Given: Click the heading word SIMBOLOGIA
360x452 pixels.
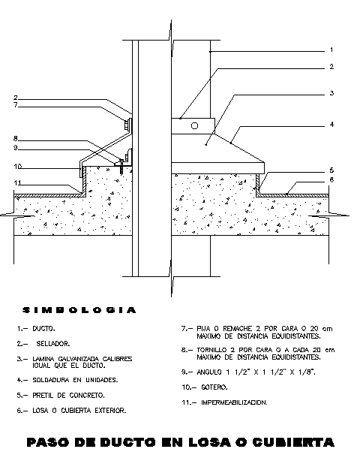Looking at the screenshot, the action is pos(79,310).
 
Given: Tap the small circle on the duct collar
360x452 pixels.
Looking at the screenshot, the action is pos(195,125).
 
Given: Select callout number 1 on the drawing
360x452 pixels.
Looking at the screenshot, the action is pos(331,50).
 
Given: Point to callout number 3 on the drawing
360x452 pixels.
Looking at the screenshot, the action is pos(331,93).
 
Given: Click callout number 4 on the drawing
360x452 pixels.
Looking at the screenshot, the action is pos(331,124).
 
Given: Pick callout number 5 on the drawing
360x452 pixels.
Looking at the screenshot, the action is pos(331,170).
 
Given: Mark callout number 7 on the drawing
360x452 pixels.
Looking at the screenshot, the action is pos(16,105).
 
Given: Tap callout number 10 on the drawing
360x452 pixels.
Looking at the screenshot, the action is pos(17,167).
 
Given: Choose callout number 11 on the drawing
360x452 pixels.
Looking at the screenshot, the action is pos(17,182).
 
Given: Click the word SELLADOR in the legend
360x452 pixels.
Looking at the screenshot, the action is pos(53,344).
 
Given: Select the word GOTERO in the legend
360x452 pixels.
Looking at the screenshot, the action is pos(214,387).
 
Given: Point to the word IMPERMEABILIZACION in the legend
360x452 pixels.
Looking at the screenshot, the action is pos(234,402).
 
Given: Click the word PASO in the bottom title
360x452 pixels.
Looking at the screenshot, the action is pos(49,442).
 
